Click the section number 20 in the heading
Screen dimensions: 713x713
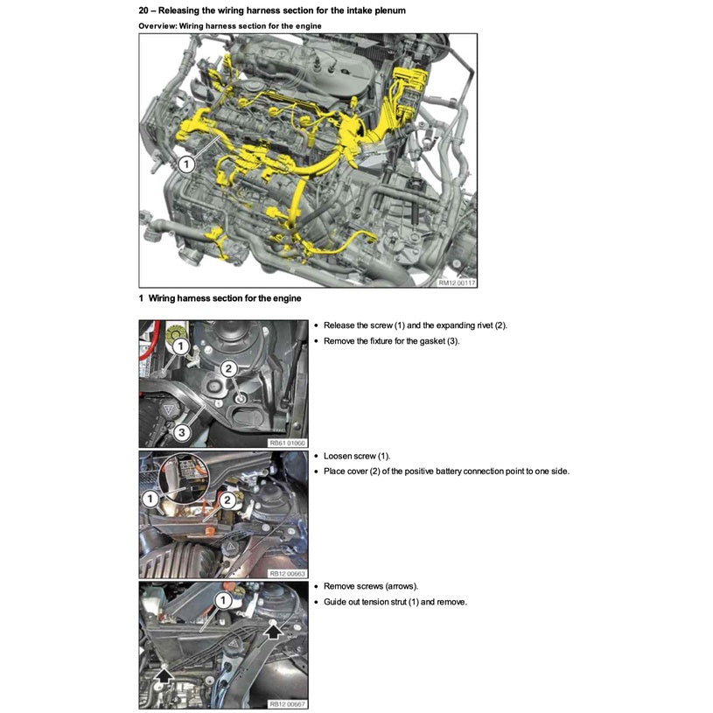pyautogui.click(x=144, y=10)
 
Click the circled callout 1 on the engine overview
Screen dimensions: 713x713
pyautogui.click(x=185, y=164)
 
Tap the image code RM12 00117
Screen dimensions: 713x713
pyautogui.click(x=457, y=282)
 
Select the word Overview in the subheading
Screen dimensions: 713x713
pyautogui.click(x=158, y=25)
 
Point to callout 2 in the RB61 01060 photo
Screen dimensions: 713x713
pyautogui.click(x=227, y=369)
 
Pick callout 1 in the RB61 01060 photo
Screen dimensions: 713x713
pyautogui.click(x=180, y=347)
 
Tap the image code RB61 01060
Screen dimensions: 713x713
pyautogui.click(x=288, y=443)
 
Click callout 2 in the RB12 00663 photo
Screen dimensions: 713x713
pyautogui.click(x=227, y=500)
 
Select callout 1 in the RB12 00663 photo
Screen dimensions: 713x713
pyautogui.click(x=150, y=498)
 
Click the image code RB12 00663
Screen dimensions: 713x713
pyautogui.click(x=288, y=573)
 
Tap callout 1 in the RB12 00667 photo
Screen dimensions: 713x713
pyautogui.click(x=222, y=600)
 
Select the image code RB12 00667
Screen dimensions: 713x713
pyautogui.click(x=288, y=703)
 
